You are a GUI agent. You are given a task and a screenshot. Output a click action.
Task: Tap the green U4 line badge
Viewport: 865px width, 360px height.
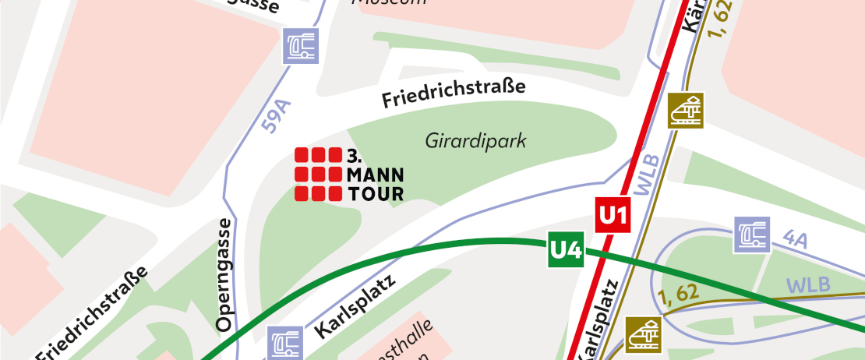(566, 249)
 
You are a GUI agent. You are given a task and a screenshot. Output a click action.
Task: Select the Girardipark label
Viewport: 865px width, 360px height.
(476, 141)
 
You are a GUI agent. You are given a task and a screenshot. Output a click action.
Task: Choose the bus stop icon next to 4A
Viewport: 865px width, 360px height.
(752, 235)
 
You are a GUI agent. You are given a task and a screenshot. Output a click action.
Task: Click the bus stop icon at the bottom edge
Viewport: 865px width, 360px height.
(285, 344)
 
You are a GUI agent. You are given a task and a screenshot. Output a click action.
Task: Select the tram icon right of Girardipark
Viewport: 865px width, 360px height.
(686, 110)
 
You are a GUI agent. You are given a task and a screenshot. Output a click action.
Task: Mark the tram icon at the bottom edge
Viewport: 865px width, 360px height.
(643, 334)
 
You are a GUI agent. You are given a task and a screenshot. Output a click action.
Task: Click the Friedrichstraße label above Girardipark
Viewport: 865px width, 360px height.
(454, 94)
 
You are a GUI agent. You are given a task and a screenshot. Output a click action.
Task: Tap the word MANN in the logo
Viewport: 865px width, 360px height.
(374, 173)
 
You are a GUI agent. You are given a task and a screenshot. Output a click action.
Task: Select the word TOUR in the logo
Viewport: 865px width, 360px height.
(374, 193)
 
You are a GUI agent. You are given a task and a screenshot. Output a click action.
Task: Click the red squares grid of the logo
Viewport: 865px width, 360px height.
(318, 174)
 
